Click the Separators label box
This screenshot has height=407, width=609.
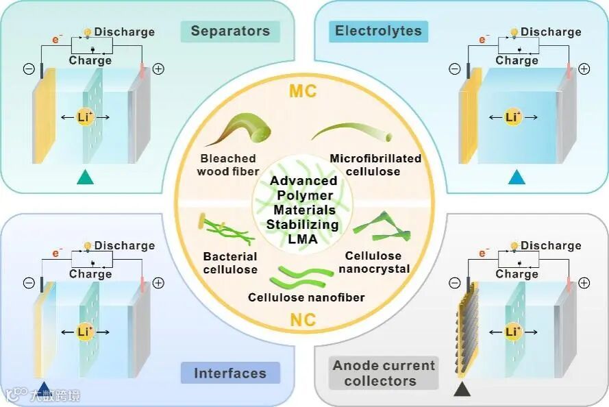point(230,31)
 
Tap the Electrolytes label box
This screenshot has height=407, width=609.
point(378,31)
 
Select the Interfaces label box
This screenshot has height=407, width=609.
point(230,373)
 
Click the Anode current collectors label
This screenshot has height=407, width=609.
point(384,373)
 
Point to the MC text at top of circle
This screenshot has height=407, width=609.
point(303,90)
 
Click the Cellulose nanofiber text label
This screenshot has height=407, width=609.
point(306,297)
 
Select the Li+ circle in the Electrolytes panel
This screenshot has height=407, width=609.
point(512,117)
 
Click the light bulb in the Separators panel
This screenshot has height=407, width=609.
point(87,32)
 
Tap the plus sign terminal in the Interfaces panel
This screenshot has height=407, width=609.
point(158,282)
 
